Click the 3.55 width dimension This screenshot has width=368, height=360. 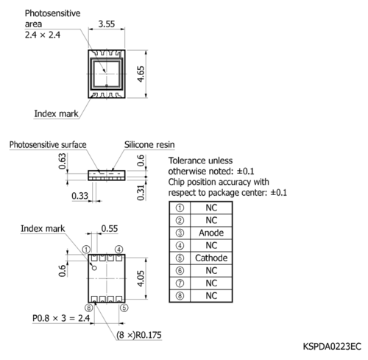[x=107, y=24]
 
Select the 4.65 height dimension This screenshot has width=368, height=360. [x=141, y=74]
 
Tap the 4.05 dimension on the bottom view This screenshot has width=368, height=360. [x=141, y=278]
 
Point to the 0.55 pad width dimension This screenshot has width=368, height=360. [x=110, y=229]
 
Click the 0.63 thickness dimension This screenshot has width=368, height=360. [x=63, y=161]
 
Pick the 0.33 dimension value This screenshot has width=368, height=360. [x=79, y=196]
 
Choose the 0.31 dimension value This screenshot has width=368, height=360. [x=141, y=193]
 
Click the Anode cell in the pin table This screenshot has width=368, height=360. [x=211, y=233]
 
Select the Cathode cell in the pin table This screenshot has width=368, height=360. [x=211, y=258]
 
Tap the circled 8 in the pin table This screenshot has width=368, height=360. [x=180, y=296]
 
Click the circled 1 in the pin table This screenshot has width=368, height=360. [x=180, y=208]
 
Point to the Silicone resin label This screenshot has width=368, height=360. [x=149, y=145]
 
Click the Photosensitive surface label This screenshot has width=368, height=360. [x=48, y=145]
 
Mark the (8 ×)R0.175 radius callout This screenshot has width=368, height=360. [x=139, y=335]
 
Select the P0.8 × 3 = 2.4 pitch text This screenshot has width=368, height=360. [x=61, y=318]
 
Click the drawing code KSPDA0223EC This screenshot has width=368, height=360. [x=332, y=347]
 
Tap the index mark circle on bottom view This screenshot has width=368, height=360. [x=94, y=268]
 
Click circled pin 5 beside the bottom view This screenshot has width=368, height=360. [x=124, y=308]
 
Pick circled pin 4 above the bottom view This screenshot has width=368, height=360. [x=119, y=250]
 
